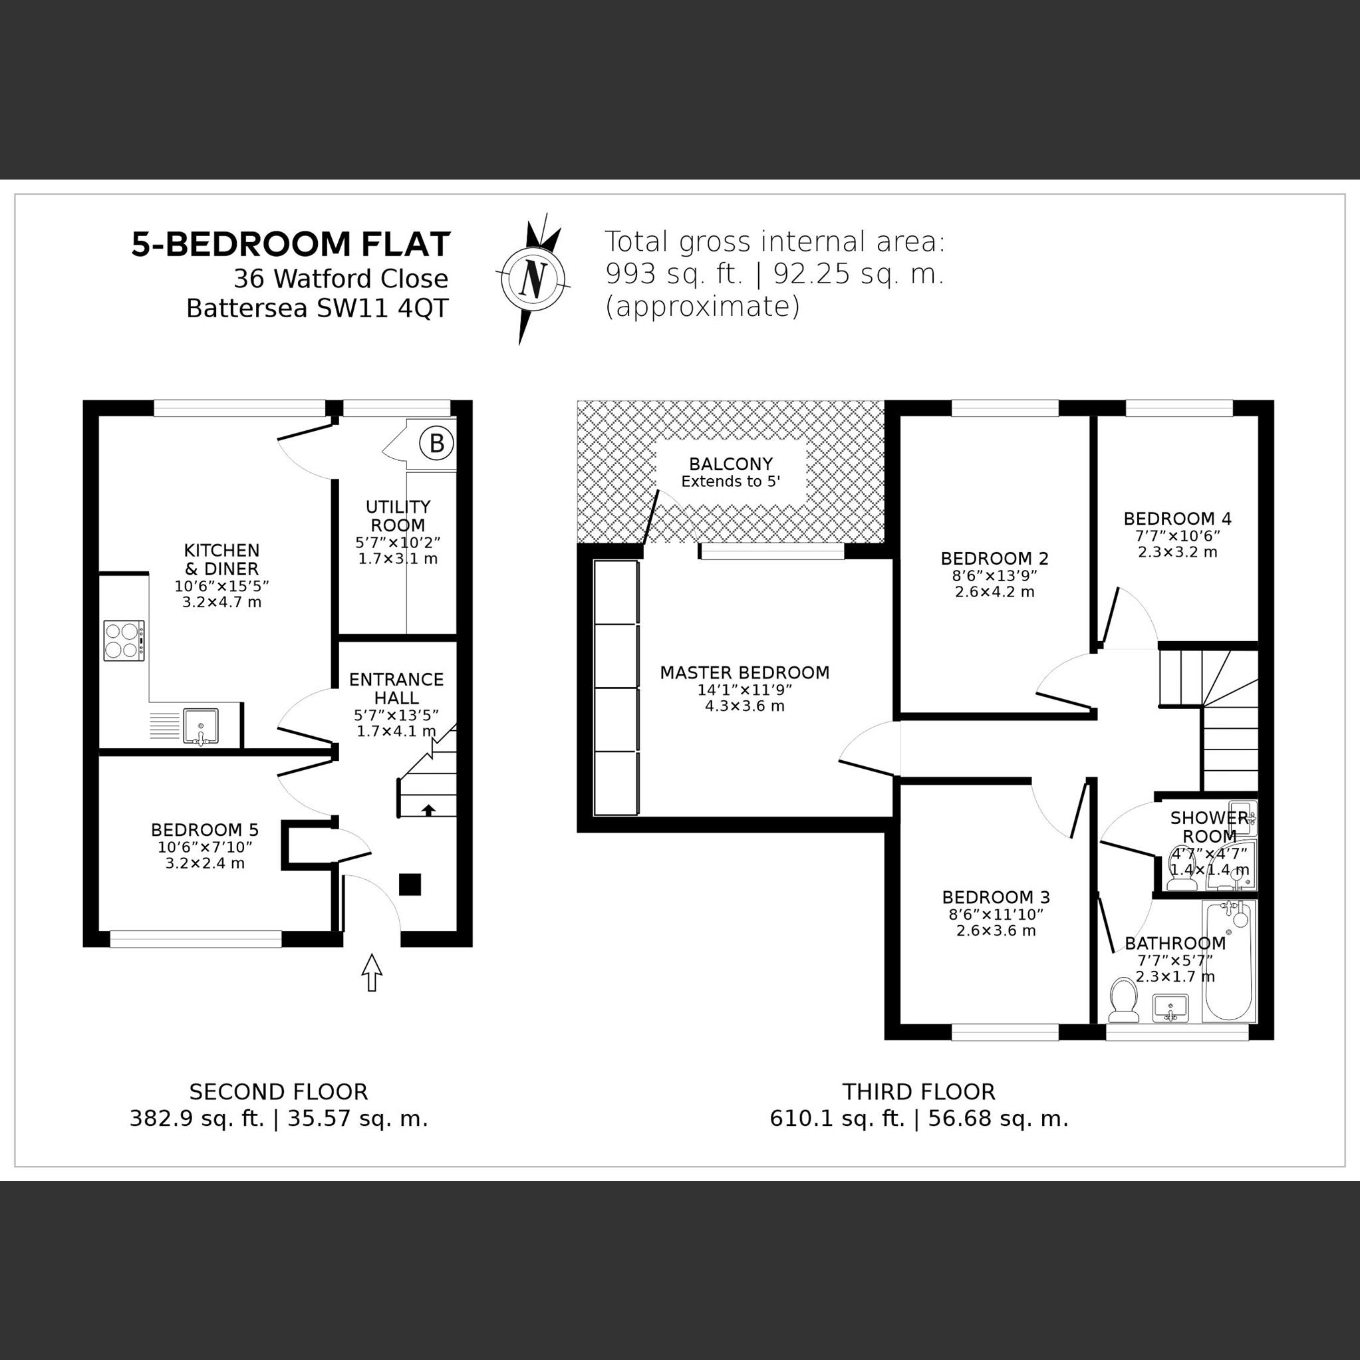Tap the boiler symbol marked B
click(x=436, y=444)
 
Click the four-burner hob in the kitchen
click(x=124, y=640)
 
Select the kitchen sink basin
click(x=201, y=726)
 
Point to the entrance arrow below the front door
click(x=372, y=973)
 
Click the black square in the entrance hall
click(x=410, y=884)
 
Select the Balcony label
click(x=731, y=464)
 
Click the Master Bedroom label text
click(x=744, y=672)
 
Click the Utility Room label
click(x=398, y=516)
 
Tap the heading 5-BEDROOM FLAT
click(x=290, y=244)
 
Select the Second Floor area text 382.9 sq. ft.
click(x=196, y=1119)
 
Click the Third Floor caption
click(x=918, y=1092)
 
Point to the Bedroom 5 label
click(x=205, y=829)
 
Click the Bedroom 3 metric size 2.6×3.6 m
click(x=996, y=930)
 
